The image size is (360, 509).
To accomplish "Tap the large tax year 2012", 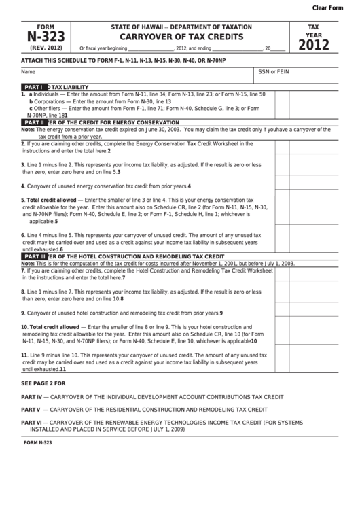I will point(313,45).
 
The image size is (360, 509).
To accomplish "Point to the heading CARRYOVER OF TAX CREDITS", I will point(181,37).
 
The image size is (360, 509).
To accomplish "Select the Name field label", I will point(28,71).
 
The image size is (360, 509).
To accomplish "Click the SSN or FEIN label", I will point(274,71).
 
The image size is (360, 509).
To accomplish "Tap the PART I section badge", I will point(34,88).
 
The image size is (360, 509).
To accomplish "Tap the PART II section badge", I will point(35,122).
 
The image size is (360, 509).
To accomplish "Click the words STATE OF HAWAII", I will point(140,27).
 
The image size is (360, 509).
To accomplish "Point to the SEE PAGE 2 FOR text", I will point(43,383).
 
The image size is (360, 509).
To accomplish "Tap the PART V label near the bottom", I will point(31,410).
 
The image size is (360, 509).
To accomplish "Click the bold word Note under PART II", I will point(27,129).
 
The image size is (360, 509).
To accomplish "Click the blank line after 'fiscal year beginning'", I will point(149,49).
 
